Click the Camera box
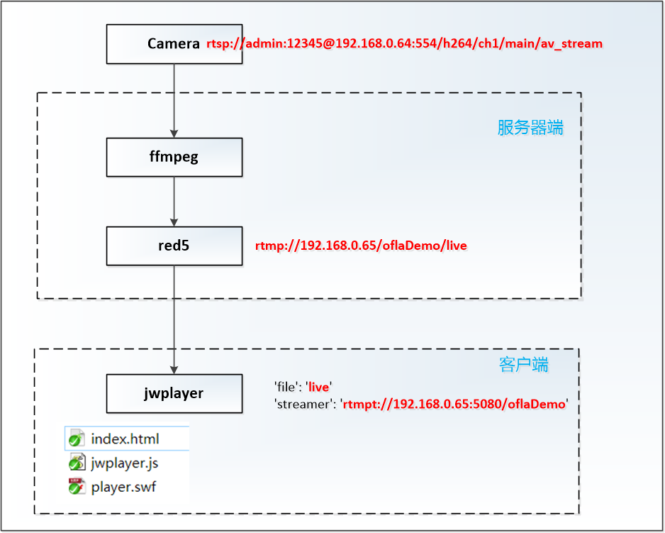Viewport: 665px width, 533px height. click(x=174, y=44)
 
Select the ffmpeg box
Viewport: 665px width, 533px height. click(x=174, y=157)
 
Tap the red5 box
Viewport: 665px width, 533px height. click(x=174, y=246)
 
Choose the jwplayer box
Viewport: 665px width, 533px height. click(x=174, y=394)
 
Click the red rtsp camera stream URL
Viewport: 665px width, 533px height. click(x=404, y=44)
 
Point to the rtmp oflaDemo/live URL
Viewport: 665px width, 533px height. click(x=361, y=246)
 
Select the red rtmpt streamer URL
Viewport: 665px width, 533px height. click(x=454, y=404)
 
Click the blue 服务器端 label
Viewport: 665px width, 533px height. click(x=530, y=128)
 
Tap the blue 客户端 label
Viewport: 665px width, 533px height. click(x=523, y=365)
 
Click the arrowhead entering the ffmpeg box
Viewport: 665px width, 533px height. click(x=174, y=133)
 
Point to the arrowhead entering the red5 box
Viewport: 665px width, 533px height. click(x=174, y=222)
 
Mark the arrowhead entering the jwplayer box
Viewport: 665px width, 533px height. click(x=174, y=370)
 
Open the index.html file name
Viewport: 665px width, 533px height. click(x=125, y=439)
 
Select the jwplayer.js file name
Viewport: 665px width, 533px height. click(x=125, y=463)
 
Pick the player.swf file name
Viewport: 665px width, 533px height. click(x=123, y=487)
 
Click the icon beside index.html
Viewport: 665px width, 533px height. click(x=77, y=439)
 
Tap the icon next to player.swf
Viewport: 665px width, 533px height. click(x=77, y=486)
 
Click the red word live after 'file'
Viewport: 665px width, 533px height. click(x=318, y=387)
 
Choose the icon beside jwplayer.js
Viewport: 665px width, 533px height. click(x=77, y=463)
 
